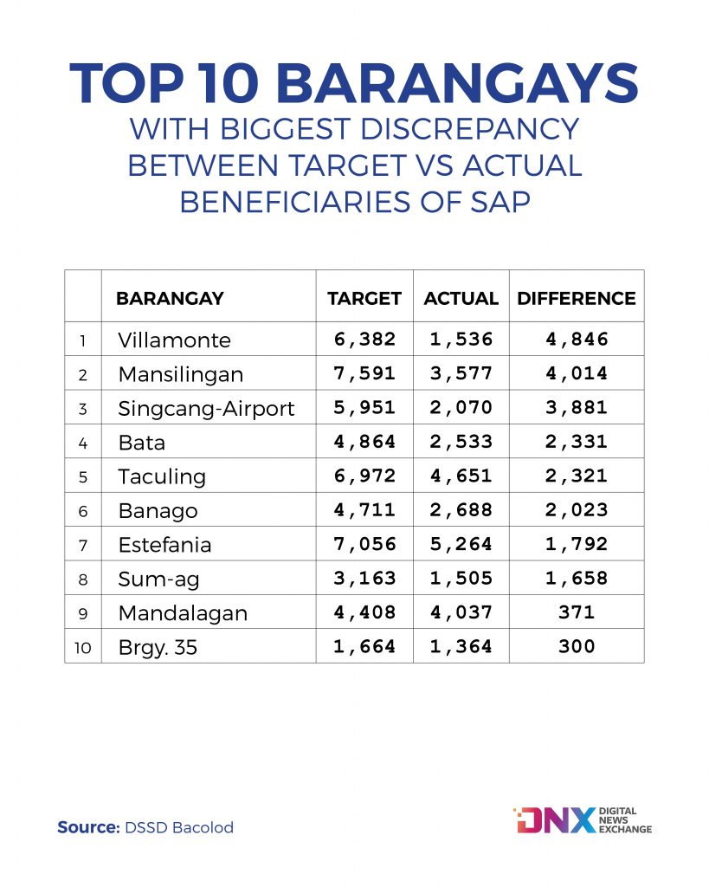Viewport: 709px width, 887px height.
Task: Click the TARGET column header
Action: [x=364, y=298]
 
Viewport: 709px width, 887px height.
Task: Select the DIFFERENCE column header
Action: [x=577, y=298]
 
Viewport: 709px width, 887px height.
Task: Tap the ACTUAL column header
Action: [x=461, y=298]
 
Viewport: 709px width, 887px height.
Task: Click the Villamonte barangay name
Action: [x=174, y=340]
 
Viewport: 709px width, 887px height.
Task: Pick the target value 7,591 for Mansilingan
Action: [x=364, y=373]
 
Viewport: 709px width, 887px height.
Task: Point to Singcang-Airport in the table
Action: [x=206, y=409]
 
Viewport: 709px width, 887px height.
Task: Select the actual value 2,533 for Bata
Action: [x=461, y=441]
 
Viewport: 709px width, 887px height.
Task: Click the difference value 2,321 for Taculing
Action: [x=577, y=476]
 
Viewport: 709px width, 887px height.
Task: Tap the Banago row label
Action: [x=158, y=511]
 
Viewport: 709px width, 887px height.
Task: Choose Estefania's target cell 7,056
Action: [x=364, y=544]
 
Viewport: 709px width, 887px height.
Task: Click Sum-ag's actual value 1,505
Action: [x=461, y=578]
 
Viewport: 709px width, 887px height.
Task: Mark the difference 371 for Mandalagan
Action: [x=577, y=612]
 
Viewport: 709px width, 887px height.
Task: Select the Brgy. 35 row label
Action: [x=158, y=647]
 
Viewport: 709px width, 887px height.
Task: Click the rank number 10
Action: [x=82, y=648]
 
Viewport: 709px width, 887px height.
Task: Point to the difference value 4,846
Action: [x=577, y=339]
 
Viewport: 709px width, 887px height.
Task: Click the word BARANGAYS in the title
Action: [x=458, y=83]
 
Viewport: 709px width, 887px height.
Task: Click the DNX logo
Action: [x=583, y=820]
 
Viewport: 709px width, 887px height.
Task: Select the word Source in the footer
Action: [x=88, y=827]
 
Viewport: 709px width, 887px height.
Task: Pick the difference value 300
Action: [x=577, y=646]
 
